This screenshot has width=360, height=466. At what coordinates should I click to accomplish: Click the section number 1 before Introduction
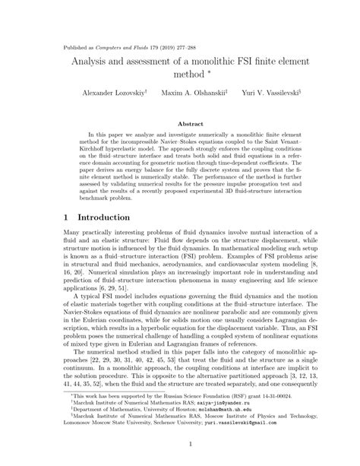(x=66, y=217)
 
